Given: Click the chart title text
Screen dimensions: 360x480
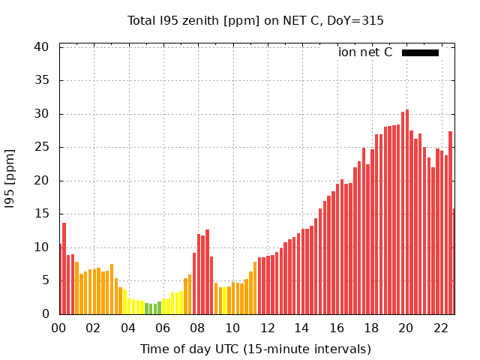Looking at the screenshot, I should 255,20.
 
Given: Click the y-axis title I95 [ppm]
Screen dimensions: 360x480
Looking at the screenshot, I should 10,180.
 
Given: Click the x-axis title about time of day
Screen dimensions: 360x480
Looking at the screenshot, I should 255,349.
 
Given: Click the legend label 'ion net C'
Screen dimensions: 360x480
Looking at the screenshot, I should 365,52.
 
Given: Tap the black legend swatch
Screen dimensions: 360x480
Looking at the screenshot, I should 420,52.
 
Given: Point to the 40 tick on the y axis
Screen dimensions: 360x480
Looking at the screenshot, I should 41,46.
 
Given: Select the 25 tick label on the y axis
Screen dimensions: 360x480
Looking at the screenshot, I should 41,147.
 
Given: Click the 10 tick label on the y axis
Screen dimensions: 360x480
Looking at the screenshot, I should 41,247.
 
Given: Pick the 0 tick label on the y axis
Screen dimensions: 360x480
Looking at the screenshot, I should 45,314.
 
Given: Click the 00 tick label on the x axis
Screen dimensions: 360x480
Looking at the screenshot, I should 58,328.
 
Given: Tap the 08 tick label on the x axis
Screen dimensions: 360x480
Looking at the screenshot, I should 197,328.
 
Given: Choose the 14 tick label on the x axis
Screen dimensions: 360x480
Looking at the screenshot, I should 301,328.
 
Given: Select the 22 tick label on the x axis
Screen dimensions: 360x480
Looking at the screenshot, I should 440,328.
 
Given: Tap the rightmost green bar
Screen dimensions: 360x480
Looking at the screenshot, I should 159,307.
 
